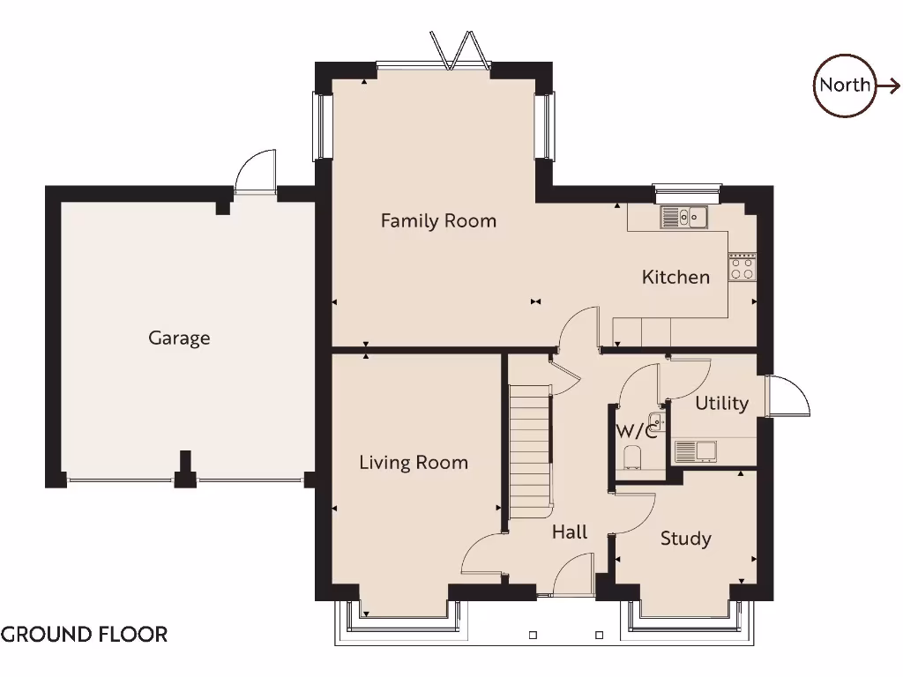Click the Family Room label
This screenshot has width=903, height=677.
[x=438, y=220]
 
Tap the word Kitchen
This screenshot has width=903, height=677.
[x=675, y=277]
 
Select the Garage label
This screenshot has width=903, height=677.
[x=179, y=338]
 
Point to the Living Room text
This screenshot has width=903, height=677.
[x=414, y=462]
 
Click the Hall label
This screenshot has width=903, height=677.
[x=570, y=532]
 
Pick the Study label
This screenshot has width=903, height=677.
[x=685, y=538]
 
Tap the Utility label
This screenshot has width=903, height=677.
[x=721, y=403]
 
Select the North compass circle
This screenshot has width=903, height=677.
[x=845, y=86]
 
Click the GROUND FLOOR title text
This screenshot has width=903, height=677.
[x=85, y=634]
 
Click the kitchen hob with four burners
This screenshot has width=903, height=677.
[x=742, y=267]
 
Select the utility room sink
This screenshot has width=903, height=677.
[x=696, y=451]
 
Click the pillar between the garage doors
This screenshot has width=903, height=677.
[x=185, y=472]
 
